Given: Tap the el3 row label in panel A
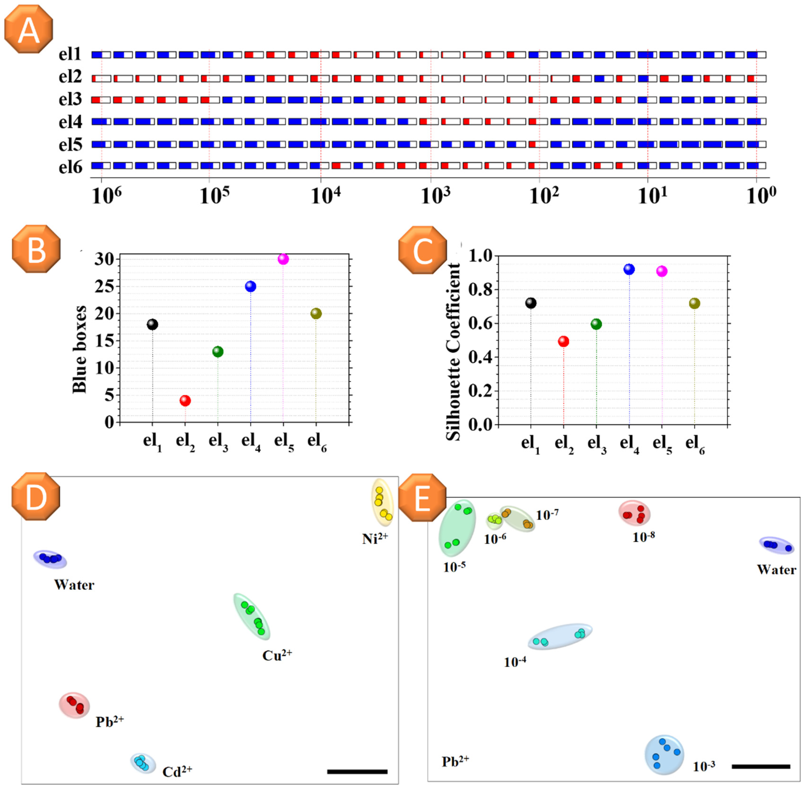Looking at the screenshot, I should click(x=70, y=100).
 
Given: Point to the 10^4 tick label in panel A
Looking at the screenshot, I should click(x=326, y=196).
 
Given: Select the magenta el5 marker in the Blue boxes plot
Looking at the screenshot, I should click(x=283, y=259).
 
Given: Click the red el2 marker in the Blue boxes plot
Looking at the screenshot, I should click(x=185, y=400).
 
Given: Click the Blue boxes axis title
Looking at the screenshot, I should click(x=79, y=350).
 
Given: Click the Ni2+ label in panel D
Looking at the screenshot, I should click(x=375, y=539).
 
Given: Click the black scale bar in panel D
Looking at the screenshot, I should click(x=357, y=771).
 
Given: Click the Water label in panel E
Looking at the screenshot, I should click(x=777, y=570).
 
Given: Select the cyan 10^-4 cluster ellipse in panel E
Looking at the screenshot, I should click(x=560, y=636).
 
